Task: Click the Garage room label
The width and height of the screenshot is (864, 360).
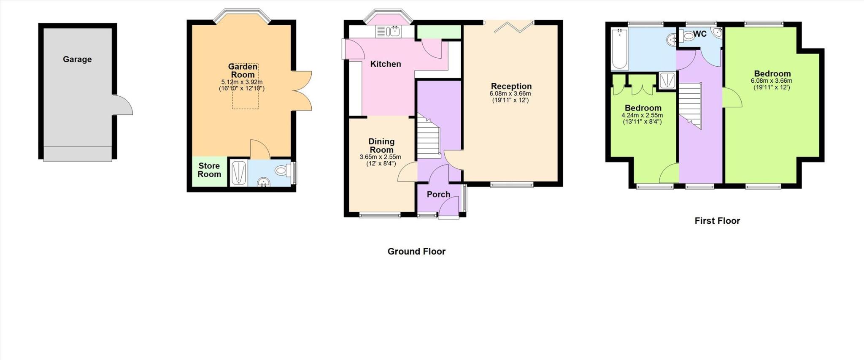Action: click(x=77, y=59)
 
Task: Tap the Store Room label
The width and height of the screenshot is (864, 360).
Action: click(x=209, y=170)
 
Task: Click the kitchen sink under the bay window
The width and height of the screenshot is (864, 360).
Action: click(x=389, y=31)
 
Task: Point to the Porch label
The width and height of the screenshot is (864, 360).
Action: click(x=438, y=194)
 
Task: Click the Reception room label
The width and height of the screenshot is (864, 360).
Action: click(x=511, y=86)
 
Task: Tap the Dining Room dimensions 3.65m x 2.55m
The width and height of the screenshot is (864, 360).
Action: click(x=380, y=157)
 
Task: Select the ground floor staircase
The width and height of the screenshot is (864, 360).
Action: click(x=428, y=137)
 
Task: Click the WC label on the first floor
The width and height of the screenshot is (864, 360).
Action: click(x=699, y=34)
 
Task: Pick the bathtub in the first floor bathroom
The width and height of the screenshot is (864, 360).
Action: click(x=619, y=49)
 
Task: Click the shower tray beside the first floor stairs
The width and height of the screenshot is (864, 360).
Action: click(x=667, y=80)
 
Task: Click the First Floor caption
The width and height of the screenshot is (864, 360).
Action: click(x=717, y=221)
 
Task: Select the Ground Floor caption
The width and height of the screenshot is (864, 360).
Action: click(x=416, y=252)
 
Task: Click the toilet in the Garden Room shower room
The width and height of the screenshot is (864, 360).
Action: click(x=281, y=171)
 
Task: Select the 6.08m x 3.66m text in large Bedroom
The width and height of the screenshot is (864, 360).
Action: click(x=771, y=81)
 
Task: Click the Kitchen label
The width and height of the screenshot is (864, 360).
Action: click(x=385, y=64)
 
